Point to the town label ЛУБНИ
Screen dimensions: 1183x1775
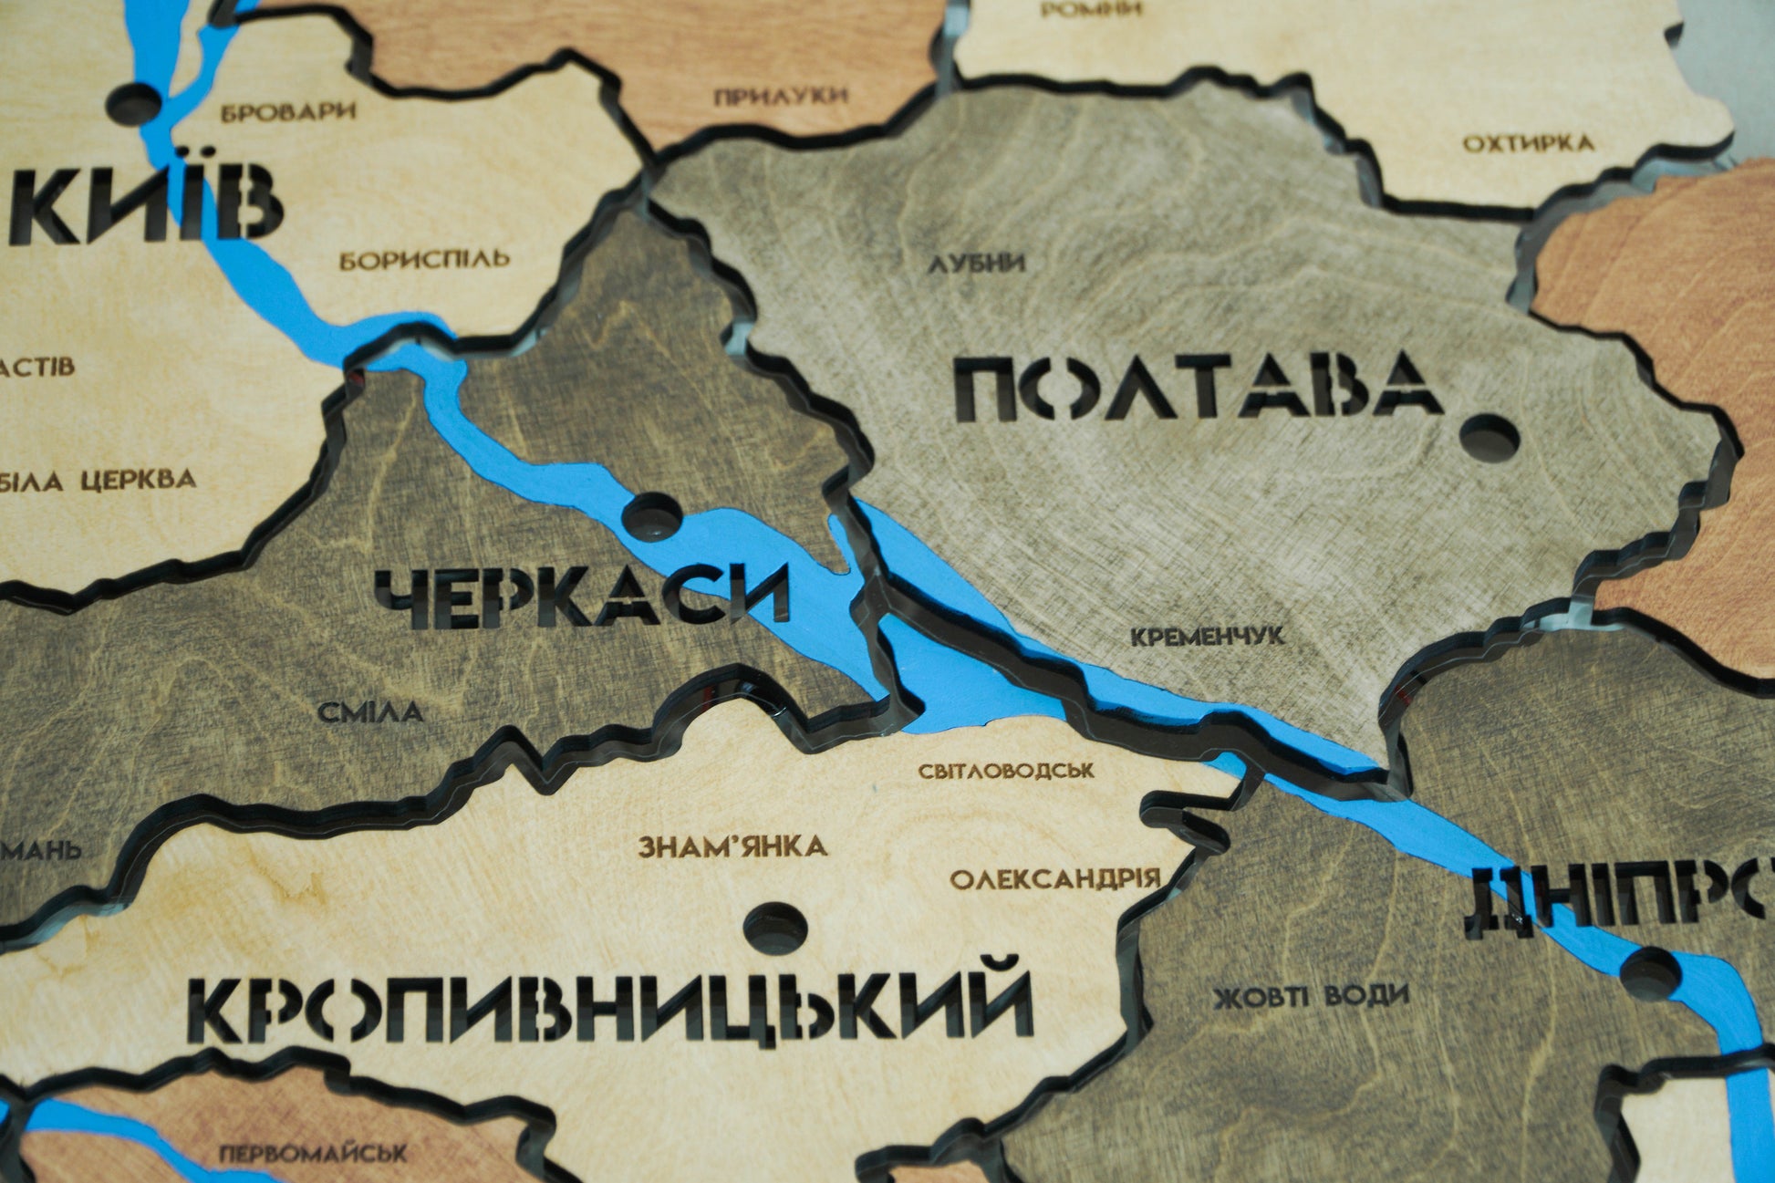tap(977, 264)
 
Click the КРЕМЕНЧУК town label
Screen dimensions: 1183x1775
tap(1207, 636)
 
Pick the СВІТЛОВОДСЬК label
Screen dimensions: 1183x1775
tap(1006, 771)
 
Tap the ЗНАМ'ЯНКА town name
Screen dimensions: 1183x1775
tap(732, 846)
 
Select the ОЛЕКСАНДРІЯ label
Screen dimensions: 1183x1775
tap(1055, 879)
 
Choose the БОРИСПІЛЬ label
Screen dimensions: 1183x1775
tap(425, 261)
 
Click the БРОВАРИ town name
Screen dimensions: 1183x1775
tap(288, 112)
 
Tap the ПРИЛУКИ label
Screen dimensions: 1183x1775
tap(781, 95)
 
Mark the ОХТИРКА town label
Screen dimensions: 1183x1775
tap(1529, 143)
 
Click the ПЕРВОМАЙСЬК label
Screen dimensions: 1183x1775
tap(313, 1154)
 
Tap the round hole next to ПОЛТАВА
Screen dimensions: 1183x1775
tap(1489, 437)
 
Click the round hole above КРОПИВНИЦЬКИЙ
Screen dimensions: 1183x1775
tap(775, 928)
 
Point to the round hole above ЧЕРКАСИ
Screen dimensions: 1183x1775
tap(653, 514)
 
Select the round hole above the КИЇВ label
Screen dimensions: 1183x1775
tap(136, 102)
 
